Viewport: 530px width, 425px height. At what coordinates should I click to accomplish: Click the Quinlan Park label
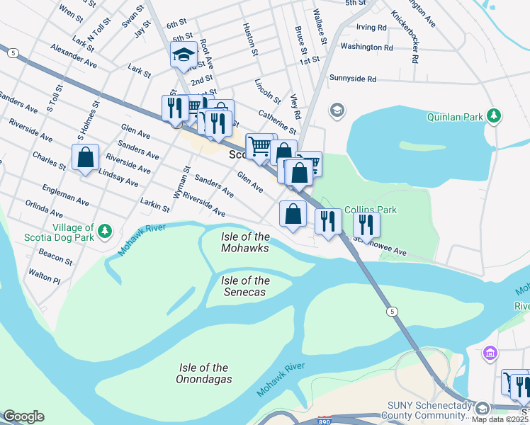454,116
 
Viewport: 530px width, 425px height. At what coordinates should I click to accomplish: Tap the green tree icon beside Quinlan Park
495,115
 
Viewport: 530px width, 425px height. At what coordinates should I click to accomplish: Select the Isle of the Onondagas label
203,373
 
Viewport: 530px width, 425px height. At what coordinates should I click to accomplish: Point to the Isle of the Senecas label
245,286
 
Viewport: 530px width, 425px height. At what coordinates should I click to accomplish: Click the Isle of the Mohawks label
244,242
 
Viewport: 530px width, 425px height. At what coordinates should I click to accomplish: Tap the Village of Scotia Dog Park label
69,234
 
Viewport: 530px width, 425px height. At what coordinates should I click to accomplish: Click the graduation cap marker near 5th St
184,55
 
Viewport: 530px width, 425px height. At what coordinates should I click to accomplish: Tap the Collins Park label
370,210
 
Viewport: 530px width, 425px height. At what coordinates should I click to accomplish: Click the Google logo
24,416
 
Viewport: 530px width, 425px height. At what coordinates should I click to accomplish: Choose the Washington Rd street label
366,47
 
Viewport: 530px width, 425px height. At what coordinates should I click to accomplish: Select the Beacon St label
56,257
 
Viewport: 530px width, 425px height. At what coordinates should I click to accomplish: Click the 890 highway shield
324,421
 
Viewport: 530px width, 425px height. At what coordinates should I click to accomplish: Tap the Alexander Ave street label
74,54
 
